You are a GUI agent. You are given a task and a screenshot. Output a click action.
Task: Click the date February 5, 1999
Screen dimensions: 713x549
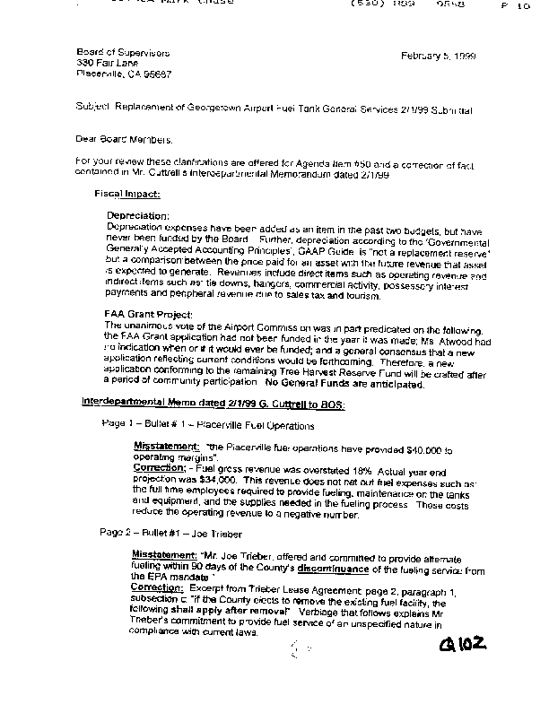(439, 56)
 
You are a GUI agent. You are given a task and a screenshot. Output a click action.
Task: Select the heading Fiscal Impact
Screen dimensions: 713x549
(127, 193)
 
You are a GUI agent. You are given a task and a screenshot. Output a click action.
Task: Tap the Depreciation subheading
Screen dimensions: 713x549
(138, 216)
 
